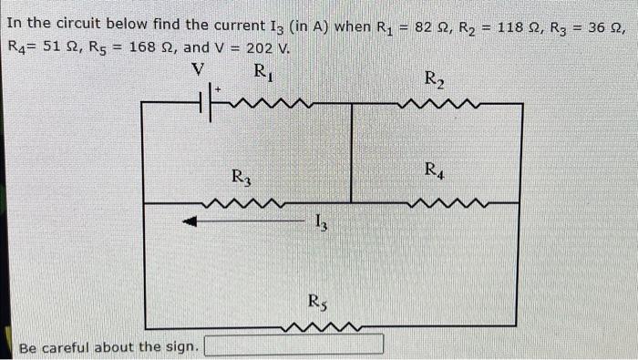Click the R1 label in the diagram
pyautogui.click(x=262, y=71)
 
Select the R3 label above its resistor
pyautogui.click(x=241, y=176)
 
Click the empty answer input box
pyautogui.click(x=293, y=345)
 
